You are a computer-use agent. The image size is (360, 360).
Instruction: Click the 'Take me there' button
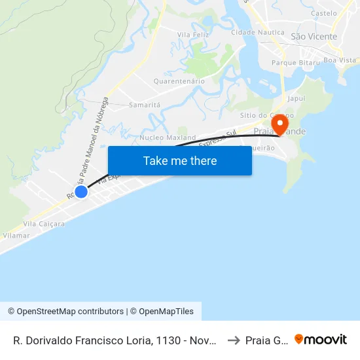[x=180, y=160]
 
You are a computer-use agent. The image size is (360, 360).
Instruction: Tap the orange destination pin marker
[x=280, y=124]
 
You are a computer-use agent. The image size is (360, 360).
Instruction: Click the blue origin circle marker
[x=81, y=191]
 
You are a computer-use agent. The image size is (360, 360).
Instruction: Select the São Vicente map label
[x=314, y=37]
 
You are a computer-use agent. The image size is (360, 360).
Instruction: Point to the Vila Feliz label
[x=193, y=34]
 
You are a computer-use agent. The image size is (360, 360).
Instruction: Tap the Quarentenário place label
[x=179, y=81]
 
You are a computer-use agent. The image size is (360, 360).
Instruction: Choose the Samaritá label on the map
[x=145, y=105]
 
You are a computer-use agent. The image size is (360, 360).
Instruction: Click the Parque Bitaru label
[x=298, y=62]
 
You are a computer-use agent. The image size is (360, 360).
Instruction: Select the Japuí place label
[x=297, y=99]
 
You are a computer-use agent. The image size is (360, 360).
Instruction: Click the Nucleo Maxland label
[x=168, y=138]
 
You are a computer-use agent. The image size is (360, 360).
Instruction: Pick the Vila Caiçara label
[x=44, y=224]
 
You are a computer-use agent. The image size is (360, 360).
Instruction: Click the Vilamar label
[x=16, y=234]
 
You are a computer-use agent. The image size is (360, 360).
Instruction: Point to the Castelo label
[x=324, y=13]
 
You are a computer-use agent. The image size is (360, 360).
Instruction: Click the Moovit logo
[x=321, y=339]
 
